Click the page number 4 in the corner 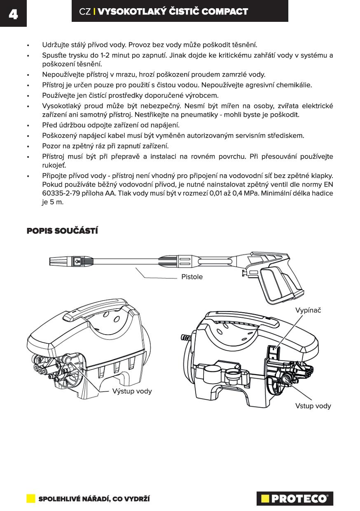[13, 14]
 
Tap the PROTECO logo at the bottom [295, 498]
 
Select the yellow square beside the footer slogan [31, 498]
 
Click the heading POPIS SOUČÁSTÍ [62, 231]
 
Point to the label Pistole [192, 277]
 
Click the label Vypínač [308, 310]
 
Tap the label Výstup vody [132, 391]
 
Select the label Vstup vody [313, 406]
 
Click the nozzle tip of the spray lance [58, 261]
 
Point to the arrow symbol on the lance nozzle [77, 261]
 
